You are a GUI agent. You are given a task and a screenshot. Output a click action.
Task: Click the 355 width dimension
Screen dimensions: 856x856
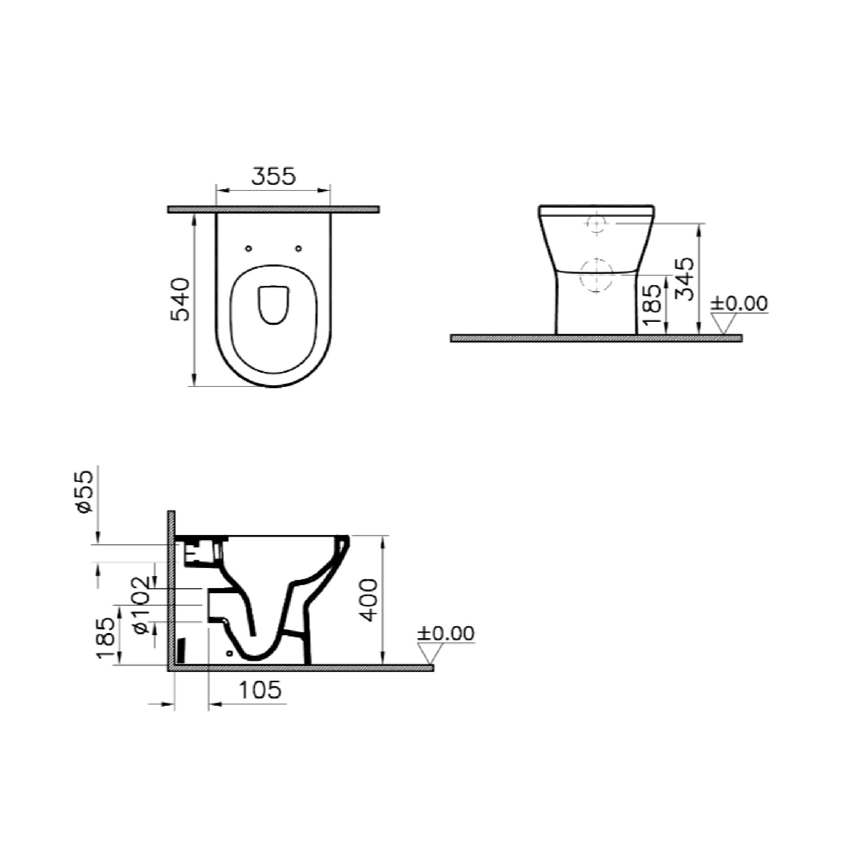[273, 176]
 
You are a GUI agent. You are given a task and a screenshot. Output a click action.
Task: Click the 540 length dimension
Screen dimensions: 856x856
[180, 300]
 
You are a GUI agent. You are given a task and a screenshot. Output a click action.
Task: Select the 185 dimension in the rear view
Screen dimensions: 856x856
[653, 304]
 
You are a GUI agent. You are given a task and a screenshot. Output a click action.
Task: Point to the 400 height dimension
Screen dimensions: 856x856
[369, 600]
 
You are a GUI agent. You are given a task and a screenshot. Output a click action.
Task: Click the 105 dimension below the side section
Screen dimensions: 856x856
[260, 690]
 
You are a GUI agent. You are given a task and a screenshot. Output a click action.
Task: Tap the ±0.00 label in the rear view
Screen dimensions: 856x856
[739, 303]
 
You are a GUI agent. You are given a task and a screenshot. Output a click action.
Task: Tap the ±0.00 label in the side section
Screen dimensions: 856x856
[445, 633]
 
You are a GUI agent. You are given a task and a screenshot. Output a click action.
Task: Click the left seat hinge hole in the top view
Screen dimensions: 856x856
[248, 249]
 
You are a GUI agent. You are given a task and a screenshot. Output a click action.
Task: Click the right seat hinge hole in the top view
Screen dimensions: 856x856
[299, 249]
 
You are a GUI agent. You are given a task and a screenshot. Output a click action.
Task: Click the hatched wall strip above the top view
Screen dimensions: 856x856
[273, 210]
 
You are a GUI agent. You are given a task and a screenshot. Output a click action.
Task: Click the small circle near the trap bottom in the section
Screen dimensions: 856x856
[229, 653]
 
